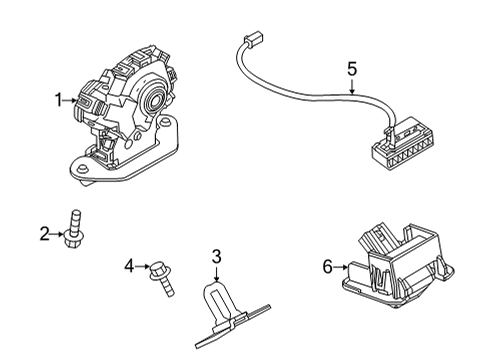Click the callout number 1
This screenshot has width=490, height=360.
click(x=58, y=99)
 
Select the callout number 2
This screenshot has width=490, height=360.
click(x=44, y=233)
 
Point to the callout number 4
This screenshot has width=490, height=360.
click(x=128, y=265)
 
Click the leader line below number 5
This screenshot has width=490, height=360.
click(x=351, y=86)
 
